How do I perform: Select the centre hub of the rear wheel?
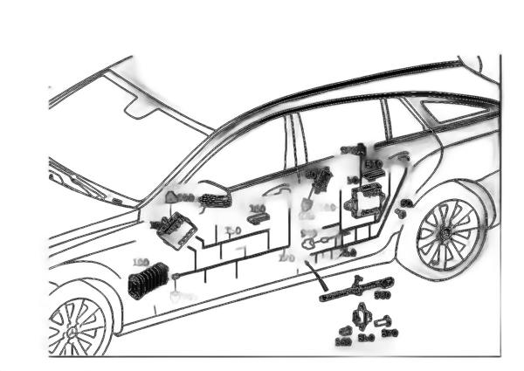(446, 233)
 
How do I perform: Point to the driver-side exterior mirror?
(214, 200)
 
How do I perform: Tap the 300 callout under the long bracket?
(382, 296)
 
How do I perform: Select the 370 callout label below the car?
(390, 332)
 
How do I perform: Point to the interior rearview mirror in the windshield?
(139, 106)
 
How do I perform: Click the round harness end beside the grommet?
(176, 278)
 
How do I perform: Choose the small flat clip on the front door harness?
(257, 219)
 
